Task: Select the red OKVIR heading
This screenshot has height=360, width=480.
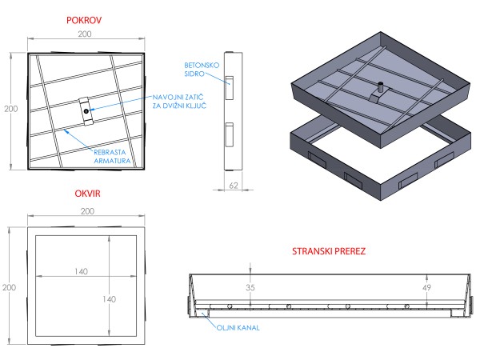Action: pyautogui.click(x=87, y=194)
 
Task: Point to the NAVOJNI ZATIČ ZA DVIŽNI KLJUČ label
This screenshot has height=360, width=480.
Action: pyautogui.click(x=181, y=102)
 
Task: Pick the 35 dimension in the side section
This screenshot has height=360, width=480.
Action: pyautogui.click(x=250, y=286)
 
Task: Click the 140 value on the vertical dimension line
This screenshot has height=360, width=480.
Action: pyautogui.click(x=116, y=298)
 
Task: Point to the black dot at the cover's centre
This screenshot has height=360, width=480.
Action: pyautogui.click(x=85, y=110)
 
